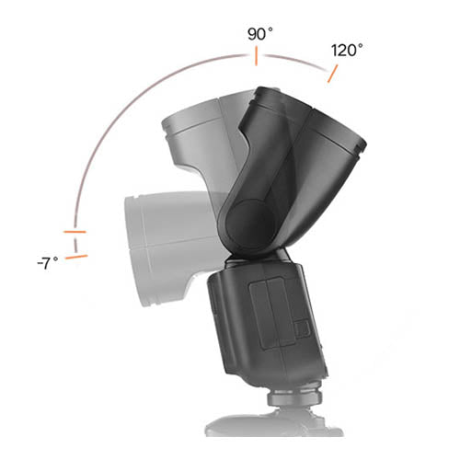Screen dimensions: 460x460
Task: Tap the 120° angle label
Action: [x=347, y=51]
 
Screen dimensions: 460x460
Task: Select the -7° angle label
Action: [x=49, y=262]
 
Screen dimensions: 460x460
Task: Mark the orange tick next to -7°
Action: [x=77, y=257]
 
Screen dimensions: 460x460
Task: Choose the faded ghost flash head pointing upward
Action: [x=198, y=138]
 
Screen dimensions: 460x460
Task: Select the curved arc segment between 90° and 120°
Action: [x=294, y=61]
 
